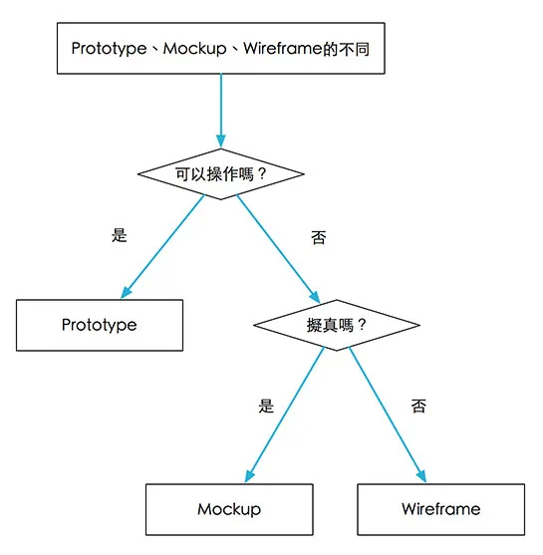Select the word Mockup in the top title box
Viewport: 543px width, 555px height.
point(193,48)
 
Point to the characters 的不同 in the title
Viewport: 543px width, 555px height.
point(349,48)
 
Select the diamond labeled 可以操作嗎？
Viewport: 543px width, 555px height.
point(220,173)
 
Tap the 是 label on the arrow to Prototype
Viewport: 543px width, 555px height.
point(121,236)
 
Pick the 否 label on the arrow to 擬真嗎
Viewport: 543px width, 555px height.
point(318,238)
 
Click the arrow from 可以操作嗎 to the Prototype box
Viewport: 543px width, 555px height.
point(164,245)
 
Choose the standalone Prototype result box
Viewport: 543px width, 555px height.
point(100,325)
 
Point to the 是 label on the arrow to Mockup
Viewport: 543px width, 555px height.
point(266,406)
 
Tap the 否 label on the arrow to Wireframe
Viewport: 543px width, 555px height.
point(418,406)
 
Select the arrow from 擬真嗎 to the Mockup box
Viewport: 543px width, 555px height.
point(284,414)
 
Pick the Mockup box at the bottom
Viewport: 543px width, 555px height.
point(229,509)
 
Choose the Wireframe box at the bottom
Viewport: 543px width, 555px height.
point(440,509)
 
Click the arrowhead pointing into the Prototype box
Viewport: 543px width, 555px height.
point(127,292)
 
